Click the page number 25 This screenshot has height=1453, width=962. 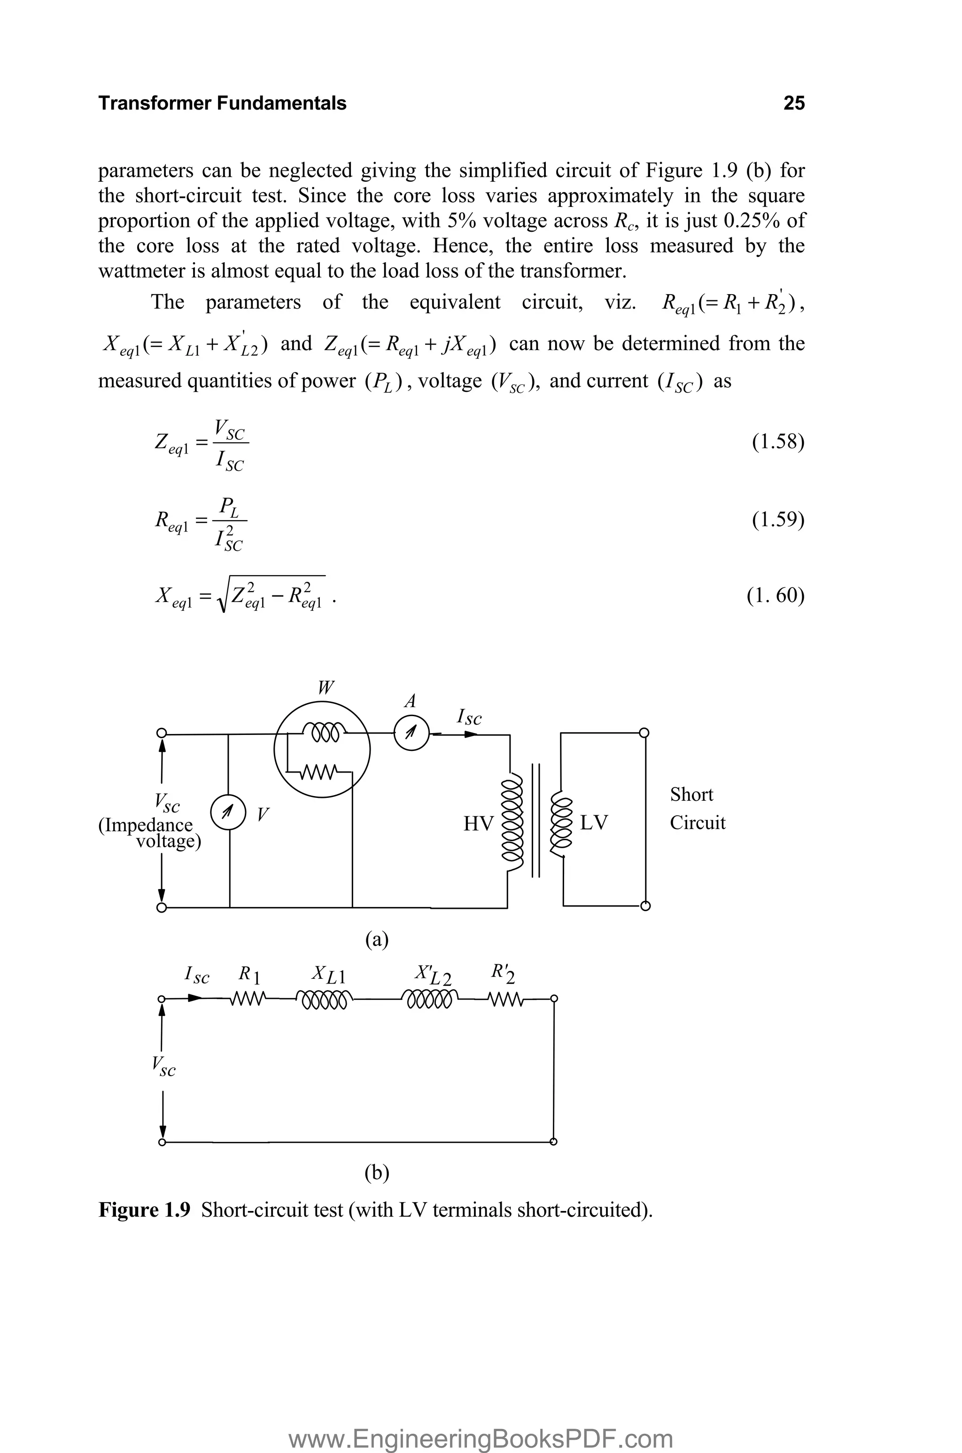pos(793,103)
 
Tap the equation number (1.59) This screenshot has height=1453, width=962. pos(777,519)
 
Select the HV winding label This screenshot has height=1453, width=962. pos(478,823)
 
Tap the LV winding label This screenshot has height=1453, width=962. pos(593,822)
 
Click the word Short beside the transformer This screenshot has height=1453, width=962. pos(691,794)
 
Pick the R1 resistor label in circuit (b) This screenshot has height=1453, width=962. pos(250,974)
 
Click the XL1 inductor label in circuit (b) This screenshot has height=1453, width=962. pos(328,974)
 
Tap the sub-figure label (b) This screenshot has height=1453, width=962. pos(377,1172)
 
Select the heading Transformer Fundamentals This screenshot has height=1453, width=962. pos(222,103)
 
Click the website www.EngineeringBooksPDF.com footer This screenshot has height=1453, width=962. pos(481,1421)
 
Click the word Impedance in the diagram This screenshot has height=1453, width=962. pos(146,825)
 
